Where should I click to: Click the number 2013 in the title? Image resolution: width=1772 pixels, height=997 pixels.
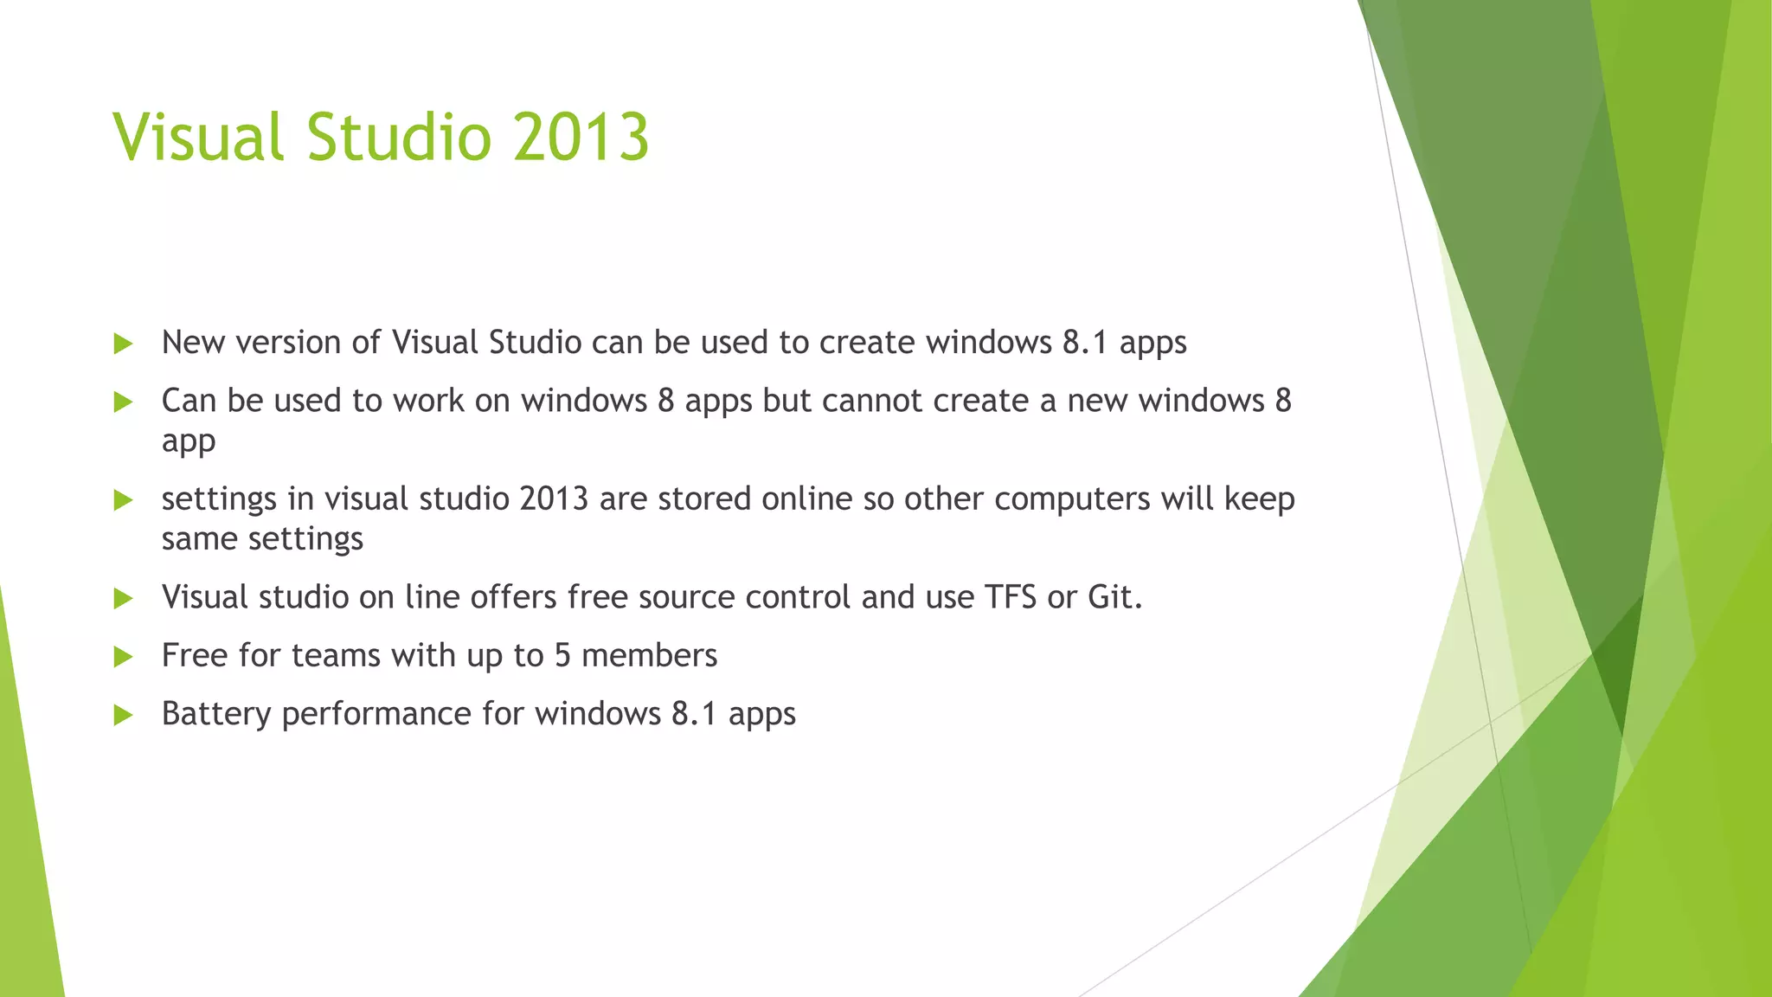(581, 138)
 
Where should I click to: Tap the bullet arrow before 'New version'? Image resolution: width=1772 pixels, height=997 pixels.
(123, 344)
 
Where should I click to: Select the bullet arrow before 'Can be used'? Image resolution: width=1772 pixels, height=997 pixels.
(123, 402)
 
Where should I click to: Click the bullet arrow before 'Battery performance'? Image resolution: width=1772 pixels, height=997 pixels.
(123, 716)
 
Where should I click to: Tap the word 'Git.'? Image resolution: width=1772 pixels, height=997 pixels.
(1115, 597)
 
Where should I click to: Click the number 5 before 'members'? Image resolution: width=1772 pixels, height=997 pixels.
(562, 656)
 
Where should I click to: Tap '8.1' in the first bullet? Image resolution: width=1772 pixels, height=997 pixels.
(1085, 343)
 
